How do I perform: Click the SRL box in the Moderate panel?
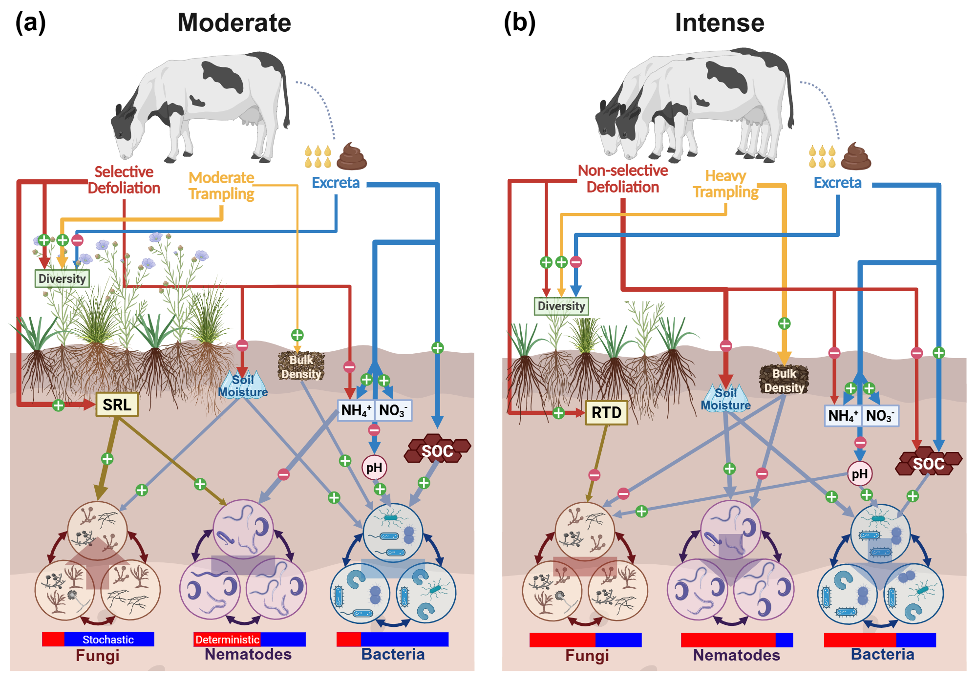point(117,405)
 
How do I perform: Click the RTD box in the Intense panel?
point(606,413)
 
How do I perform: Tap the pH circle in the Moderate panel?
point(374,468)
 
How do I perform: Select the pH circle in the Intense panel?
point(859,474)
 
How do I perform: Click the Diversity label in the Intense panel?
point(561,306)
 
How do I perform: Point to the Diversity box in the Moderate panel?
point(62,278)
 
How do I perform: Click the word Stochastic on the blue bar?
point(108,640)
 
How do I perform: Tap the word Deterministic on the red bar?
point(227,640)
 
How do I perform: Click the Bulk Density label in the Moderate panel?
point(301,366)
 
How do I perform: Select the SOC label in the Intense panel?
point(928,463)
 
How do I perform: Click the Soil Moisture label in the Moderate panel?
point(243,386)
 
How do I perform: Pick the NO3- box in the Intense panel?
point(880,416)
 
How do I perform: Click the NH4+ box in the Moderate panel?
point(356,410)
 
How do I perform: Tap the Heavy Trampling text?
point(725,184)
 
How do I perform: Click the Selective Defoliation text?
point(124,180)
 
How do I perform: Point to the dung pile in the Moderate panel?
point(352,156)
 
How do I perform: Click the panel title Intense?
point(719,23)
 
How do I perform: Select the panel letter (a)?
point(30,22)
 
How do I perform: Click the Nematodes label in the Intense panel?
point(736,655)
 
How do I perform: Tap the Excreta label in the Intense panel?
point(837,183)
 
